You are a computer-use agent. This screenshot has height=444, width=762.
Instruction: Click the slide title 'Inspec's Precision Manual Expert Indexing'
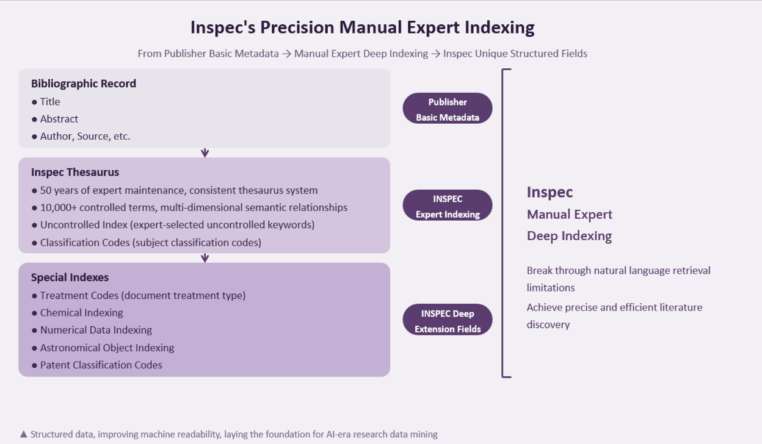pos(362,27)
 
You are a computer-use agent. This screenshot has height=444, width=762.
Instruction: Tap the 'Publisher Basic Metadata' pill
pos(448,109)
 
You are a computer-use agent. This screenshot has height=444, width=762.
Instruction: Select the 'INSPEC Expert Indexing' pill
pos(448,205)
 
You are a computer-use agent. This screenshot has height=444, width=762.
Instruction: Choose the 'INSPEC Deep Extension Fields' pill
pos(448,320)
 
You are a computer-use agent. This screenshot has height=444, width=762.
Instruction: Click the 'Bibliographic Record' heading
pos(83,84)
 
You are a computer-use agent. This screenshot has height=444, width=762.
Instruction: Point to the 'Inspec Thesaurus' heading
pos(75,172)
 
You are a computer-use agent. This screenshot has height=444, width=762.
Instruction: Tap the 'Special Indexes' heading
pos(70,277)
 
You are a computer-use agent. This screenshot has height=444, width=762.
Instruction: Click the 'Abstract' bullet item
pos(59,119)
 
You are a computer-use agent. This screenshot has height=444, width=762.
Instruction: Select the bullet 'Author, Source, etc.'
pos(85,136)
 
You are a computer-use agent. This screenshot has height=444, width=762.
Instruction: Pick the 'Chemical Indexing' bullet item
pos(81,313)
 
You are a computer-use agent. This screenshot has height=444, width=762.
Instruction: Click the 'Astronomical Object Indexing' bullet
pos(107,348)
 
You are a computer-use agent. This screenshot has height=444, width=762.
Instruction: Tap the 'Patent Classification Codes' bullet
pos(101,365)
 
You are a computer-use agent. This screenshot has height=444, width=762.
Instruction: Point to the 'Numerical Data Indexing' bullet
pos(96,330)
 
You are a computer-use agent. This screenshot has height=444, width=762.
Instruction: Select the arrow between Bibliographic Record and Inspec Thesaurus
pos(205,153)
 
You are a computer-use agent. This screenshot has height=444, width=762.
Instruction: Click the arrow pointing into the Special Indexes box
pos(205,258)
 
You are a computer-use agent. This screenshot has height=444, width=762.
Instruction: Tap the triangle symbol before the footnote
pos(23,434)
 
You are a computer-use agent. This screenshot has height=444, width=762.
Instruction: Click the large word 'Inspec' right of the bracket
pos(550,192)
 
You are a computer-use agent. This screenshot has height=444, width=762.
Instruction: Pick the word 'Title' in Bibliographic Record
pos(50,102)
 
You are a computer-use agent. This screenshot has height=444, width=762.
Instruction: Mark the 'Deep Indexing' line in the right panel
pos(569,236)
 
